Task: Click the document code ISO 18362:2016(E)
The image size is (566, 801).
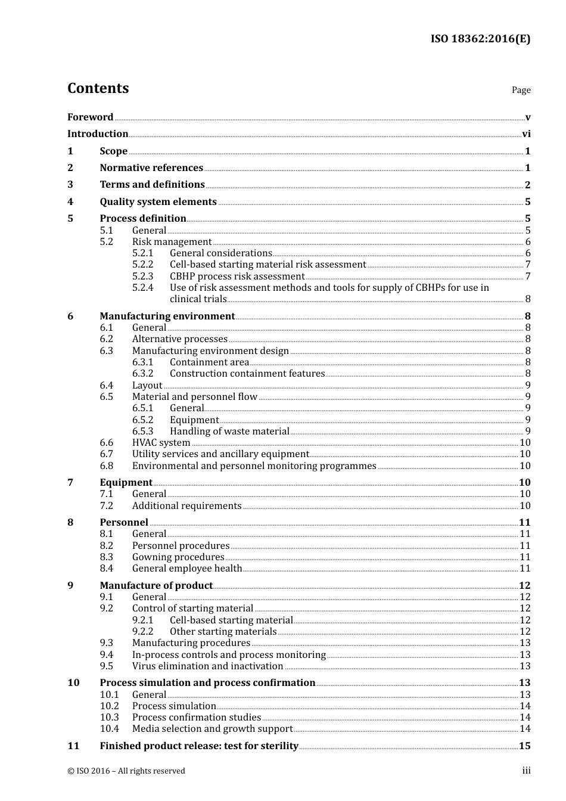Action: pos(480,39)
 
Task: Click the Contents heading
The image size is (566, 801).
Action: pos(98,88)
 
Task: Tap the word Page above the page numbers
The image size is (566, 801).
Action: pos(521,90)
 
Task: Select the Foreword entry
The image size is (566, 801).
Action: pos(90,117)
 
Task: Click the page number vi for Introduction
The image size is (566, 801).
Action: pos(526,134)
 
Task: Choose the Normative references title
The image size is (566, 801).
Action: pos(151,168)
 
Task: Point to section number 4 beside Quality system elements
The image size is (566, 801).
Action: pos(70,202)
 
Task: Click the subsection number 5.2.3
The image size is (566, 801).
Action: pos(142,277)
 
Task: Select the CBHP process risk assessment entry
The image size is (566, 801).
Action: pos(237,277)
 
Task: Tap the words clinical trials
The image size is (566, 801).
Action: pos(198,299)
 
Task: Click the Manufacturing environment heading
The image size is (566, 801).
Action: pos(167,316)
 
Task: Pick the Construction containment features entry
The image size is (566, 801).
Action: pos(247,374)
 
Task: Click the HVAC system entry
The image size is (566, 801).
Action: pos(161,443)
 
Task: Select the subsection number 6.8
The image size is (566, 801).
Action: pos(106,466)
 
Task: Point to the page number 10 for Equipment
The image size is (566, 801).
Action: pos(524,483)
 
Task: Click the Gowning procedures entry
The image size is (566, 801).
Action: pos(178,557)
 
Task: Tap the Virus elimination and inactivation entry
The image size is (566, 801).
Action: pos(207,666)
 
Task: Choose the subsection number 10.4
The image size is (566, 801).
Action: pos(109,729)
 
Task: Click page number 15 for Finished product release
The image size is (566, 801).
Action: pos(524,746)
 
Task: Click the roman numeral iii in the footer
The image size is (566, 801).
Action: pos(526,771)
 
